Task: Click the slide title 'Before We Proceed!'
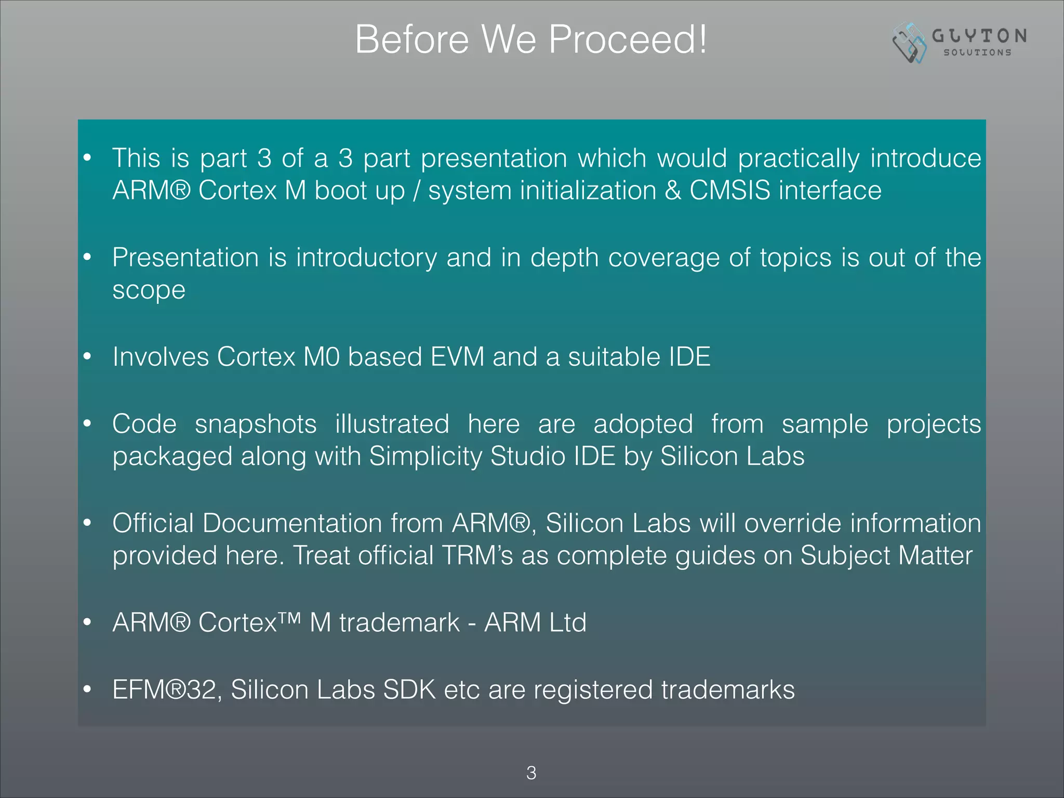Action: click(530, 39)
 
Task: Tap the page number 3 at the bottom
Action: click(531, 773)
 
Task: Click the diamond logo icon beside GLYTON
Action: click(909, 43)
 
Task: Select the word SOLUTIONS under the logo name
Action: click(977, 52)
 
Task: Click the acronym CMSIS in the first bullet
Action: click(729, 190)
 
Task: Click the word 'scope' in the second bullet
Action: click(149, 290)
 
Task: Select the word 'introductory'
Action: click(366, 258)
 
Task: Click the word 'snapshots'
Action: click(256, 424)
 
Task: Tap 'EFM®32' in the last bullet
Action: click(164, 690)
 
